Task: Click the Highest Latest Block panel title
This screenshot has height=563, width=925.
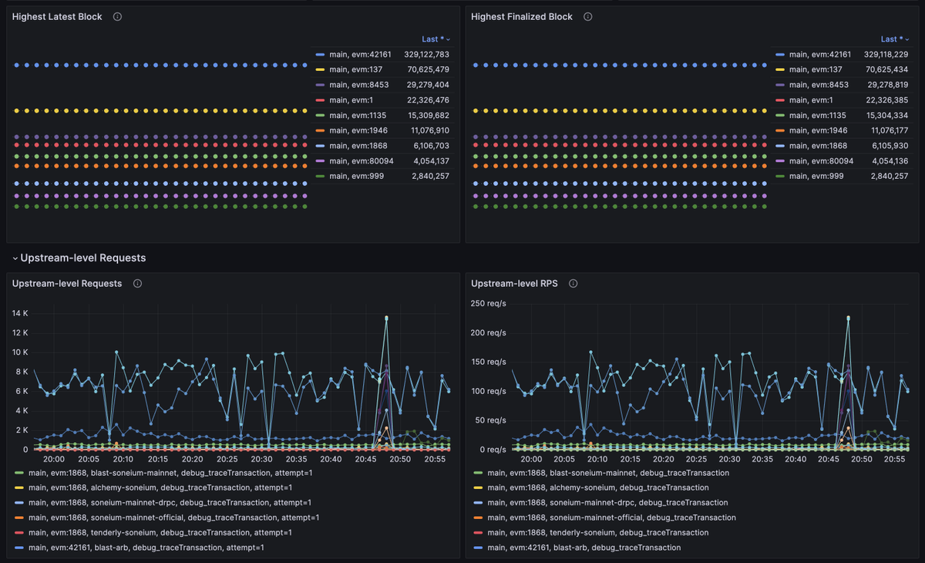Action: pos(57,17)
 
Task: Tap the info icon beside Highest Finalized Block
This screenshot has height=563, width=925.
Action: pos(588,17)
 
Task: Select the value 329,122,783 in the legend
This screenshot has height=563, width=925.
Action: pos(426,55)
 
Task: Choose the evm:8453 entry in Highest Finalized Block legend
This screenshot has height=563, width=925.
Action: pos(819,85)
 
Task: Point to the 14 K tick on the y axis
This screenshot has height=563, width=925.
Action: pos(19,313)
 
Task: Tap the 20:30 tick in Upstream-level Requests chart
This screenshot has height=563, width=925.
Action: pos(261,459)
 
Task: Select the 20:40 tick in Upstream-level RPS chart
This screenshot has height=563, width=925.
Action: pos(795,459)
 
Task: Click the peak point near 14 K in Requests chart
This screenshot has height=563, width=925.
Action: pos(386,318)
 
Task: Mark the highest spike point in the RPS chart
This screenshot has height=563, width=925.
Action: pos(848,318)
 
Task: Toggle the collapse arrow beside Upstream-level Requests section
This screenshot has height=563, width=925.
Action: pos(15,258)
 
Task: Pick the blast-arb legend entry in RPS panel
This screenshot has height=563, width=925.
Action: pos(584,548)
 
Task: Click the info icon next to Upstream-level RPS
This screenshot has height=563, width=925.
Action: pos(573,284)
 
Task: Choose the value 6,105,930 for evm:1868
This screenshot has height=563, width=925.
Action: pos(888,146)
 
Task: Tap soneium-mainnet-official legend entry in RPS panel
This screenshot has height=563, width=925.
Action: pos(611,517)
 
